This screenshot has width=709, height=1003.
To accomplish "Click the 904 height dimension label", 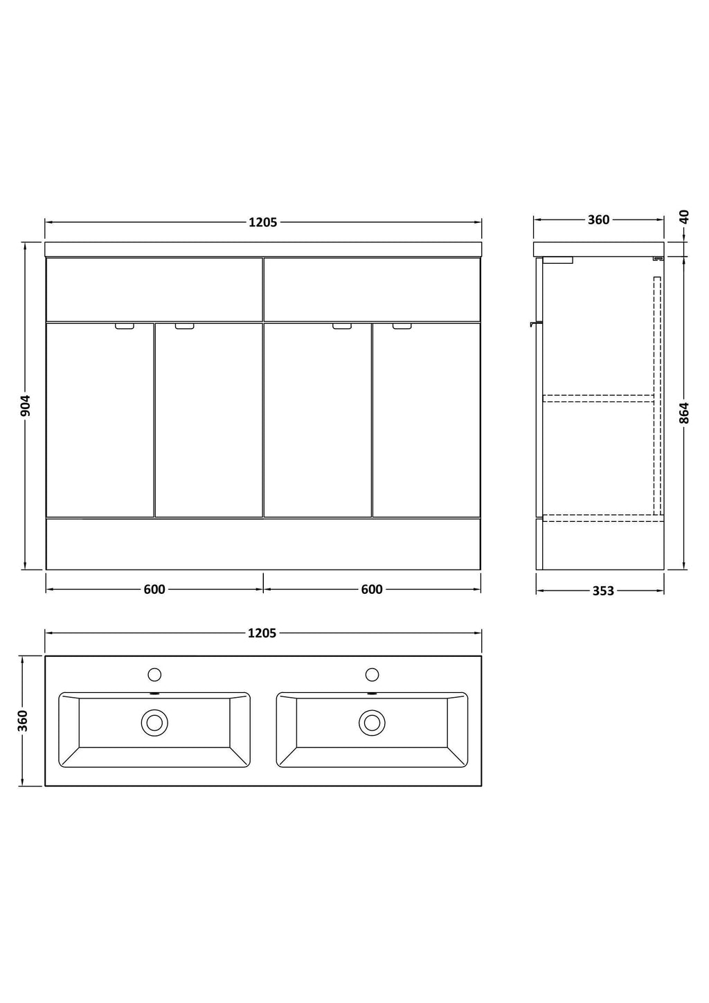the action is pyautogui.click(x=26, y=406).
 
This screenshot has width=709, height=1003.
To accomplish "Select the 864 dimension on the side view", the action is pyautogui.click(x=684, y=413).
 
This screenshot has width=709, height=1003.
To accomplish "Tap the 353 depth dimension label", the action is pyautogui.click(x=603, y=591).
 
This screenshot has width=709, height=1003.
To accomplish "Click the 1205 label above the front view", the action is pyautogui.click(x=263, y=222).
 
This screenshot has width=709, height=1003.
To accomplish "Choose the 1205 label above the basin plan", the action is pyautogui.click(x=262, y=633).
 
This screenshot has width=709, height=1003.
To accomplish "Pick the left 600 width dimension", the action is pyautogui.click(x=154, y=589).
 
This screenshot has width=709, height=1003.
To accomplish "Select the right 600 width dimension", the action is pyautogui.click(x=372, y=589).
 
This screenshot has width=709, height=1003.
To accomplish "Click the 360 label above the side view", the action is pyautogui.click(x=599, y=220).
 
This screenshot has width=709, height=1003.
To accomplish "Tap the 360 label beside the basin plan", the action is pyautogui.click(x=24, y=721).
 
